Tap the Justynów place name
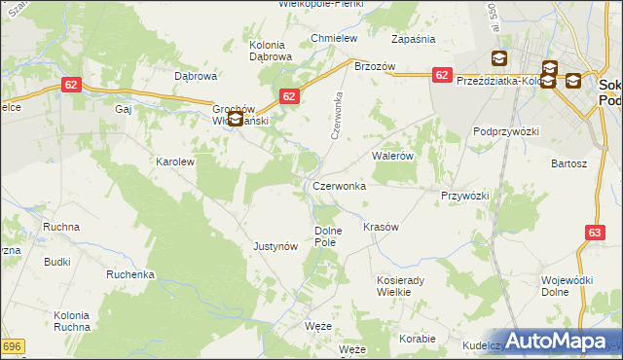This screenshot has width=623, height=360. tap(275, 246)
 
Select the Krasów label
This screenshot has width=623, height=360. tap(381, 227)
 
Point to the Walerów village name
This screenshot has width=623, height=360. tap(393, 155)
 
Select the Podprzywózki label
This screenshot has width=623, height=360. tap(506, 130)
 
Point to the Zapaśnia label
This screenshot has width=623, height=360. tap(412, 39)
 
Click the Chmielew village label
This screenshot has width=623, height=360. tap(334, 38)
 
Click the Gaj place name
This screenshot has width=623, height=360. tap(123, 110)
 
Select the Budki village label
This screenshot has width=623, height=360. tap(56, 262)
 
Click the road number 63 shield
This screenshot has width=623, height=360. tap(596, 232)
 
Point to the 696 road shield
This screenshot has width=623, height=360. tap(11, 346)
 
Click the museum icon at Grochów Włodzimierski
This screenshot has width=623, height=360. tap(235, 121)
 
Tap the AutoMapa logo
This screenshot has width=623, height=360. tap(557, 341)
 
